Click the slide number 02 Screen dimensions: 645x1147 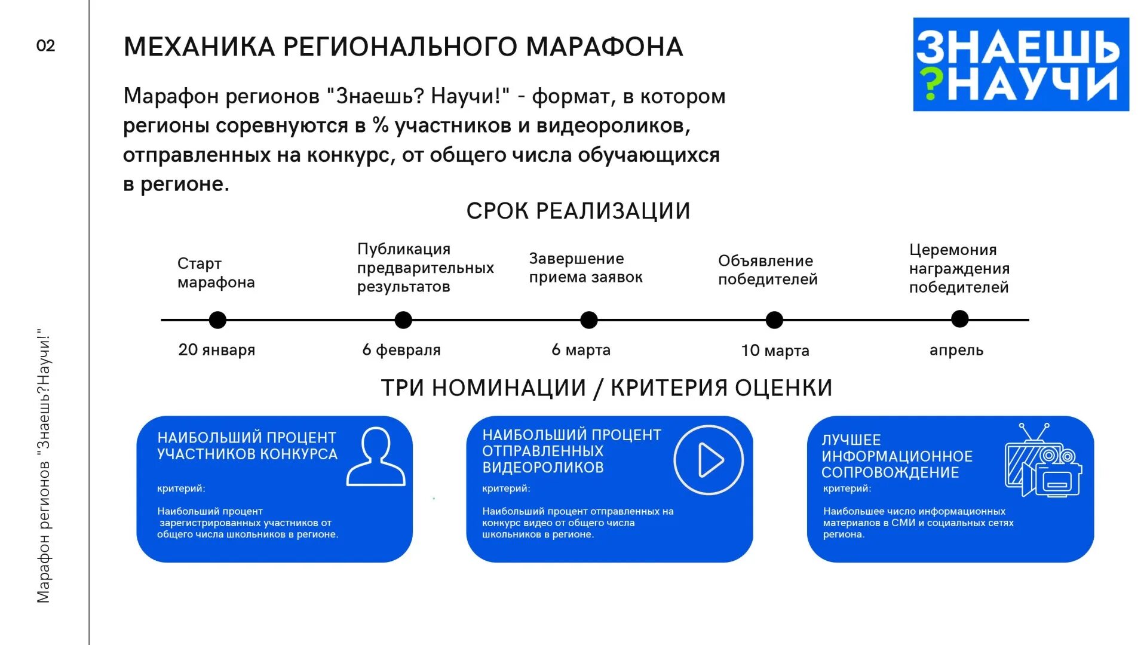coord(45,46)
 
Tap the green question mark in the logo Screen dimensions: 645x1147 coord(930,84)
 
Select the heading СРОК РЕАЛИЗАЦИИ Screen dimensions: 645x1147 coord(578,211)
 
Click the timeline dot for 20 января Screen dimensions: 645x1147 coord(217,320)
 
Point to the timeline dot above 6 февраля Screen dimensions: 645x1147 coord(403,320)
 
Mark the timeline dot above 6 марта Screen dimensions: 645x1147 coord(589,320)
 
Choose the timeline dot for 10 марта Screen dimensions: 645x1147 coord(774,320)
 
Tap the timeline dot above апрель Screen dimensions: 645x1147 coord(959,319)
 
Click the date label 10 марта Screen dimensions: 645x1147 coord(775,351)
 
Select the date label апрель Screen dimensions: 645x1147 coord(956,350)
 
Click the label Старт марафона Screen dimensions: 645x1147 coord(216,273)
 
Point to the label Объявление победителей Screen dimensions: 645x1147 coord(767,270)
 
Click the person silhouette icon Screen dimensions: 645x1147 coord(376,456)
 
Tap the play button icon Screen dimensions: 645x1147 coord(709,460)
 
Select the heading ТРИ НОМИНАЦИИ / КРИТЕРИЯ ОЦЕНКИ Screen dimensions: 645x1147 coord(606,388)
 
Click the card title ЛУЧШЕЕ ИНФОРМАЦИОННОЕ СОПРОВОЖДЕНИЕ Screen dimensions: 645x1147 coord(896,456)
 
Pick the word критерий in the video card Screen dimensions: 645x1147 coord(505,489)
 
